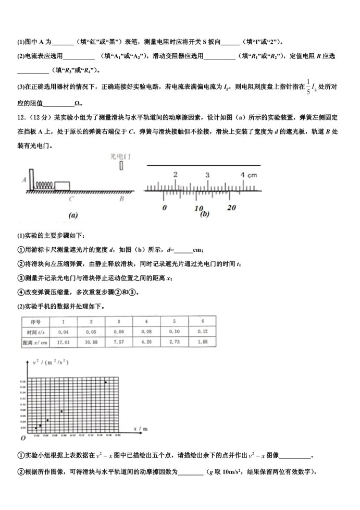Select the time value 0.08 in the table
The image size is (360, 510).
148,332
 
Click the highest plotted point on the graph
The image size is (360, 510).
106,382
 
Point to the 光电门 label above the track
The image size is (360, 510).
120,155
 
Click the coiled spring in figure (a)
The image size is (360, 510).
45,184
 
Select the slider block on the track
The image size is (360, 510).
63,185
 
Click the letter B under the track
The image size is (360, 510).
121,199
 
